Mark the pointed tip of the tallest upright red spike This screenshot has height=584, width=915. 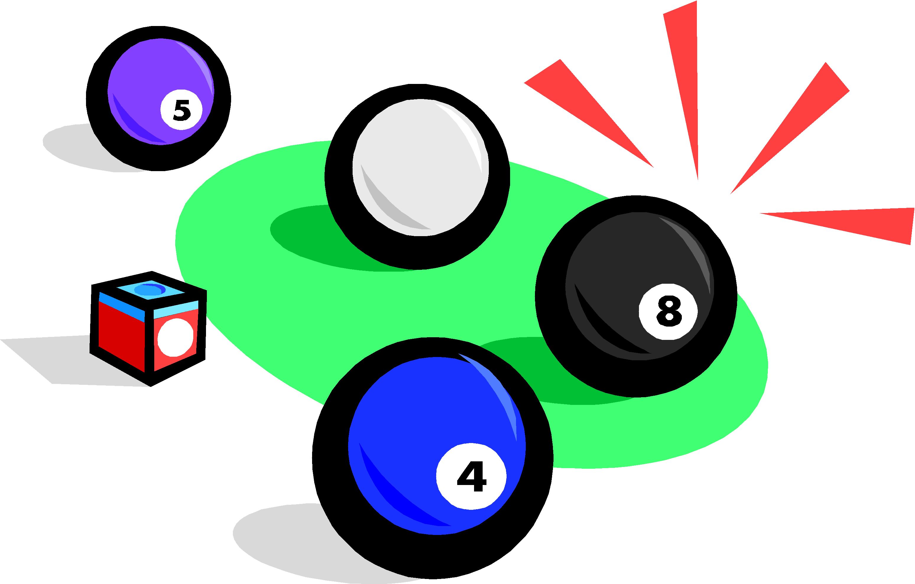pyautogui.click(x=698, y=179)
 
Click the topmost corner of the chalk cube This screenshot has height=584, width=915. pyautogui.click(x=152, y=271)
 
